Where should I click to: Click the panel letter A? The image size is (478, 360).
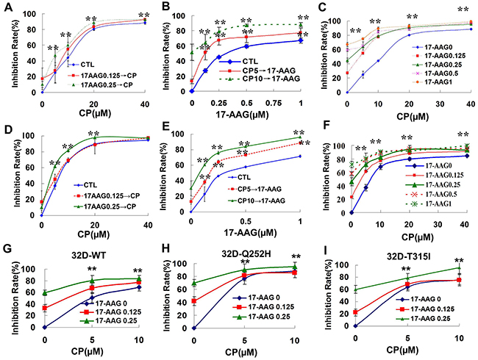coord(7,7)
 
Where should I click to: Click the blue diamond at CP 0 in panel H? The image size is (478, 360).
coord(193,327)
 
